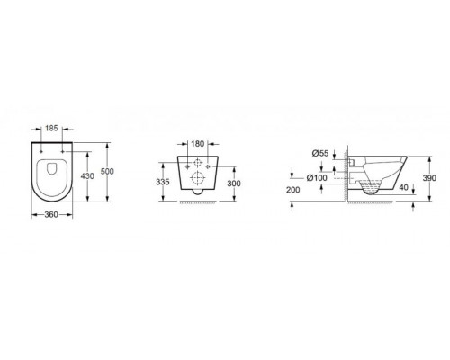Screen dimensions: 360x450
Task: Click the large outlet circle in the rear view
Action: coord(198,178)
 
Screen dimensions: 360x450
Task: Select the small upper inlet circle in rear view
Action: coord(198,164)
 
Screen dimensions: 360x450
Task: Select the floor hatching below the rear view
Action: coord(198,204)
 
